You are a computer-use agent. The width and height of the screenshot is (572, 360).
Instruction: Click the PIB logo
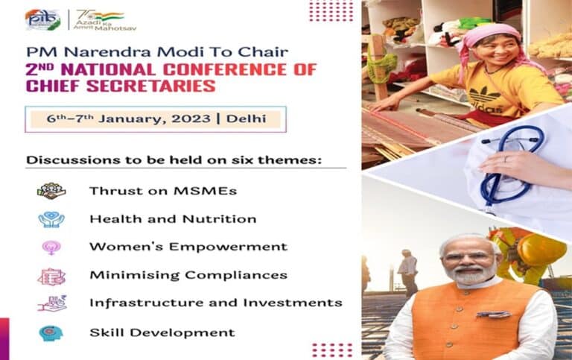pyautogui.click(x=42, y=19)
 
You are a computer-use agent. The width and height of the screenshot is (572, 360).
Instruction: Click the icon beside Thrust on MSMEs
pyautogui.click(x=51, y=191)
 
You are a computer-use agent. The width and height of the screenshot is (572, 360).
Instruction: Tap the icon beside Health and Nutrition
pyautogui.click(x=51, y=219)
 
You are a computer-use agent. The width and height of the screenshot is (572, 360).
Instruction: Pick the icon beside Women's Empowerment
pyautogui.click(x=51, y=247)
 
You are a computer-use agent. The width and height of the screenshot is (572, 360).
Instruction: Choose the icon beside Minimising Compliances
pyautogui.click(x=51, y=276)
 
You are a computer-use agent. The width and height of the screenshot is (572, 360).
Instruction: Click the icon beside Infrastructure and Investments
pyautogui.click(x=51, y=303)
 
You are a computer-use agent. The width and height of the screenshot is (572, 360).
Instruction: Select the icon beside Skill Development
pyautogui.click(x=51, y=332)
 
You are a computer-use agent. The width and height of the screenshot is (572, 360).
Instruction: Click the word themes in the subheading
pyautogui.click(x=300, y=160)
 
